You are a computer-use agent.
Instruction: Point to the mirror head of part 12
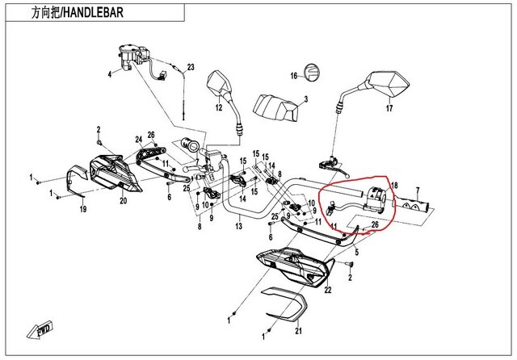coord(220,82)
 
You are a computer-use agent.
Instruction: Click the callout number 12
coord(218,107)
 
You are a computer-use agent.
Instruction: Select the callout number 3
coord(306,101)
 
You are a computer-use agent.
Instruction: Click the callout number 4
coord(109,75)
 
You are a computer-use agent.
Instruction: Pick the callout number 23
coord(191,67)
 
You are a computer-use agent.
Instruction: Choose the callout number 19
coord(82,209)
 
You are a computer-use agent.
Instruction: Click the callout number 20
coord(124,199)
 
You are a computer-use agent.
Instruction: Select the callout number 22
coord(327,289)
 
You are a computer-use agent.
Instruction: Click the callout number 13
coord(238,228)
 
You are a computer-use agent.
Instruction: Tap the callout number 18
coord(394,186)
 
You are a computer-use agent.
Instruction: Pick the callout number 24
coord(138,139)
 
